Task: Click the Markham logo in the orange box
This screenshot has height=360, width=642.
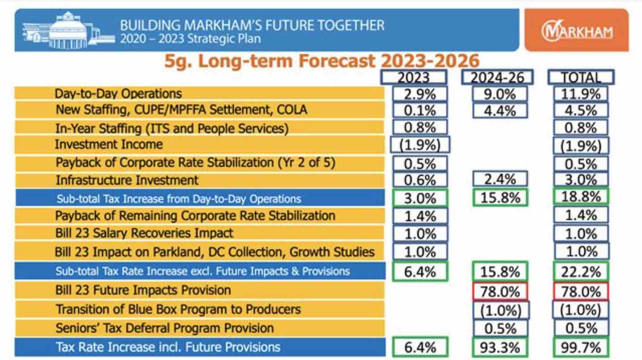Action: point(577,31)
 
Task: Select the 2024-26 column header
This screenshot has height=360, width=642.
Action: point(497,77)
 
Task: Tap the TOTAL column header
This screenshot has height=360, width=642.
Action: point(581,77)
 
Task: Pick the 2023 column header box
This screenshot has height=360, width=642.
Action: point(414,77)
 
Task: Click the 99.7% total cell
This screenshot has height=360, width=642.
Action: point(581,347)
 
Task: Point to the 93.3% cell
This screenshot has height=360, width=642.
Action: point(500,347)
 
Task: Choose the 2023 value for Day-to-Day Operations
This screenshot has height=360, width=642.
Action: point(420,94)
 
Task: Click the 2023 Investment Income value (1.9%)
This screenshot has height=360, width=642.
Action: point(420,145)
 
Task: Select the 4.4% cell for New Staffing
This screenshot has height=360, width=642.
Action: point(500,110)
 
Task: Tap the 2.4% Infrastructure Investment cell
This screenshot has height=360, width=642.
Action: point(500,180)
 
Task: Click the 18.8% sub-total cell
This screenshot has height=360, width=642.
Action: point(581,197)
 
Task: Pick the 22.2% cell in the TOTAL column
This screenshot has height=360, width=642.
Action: point(581,271)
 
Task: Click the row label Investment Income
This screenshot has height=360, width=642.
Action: point(108,145)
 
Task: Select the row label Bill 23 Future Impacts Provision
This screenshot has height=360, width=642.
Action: point(143,291)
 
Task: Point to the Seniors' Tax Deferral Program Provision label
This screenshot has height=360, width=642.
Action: point(164,328)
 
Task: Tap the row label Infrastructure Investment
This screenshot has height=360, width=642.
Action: point(127,180)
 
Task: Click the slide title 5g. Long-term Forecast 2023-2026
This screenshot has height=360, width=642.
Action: point(321,61)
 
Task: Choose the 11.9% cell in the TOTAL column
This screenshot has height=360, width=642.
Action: point(581,94)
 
